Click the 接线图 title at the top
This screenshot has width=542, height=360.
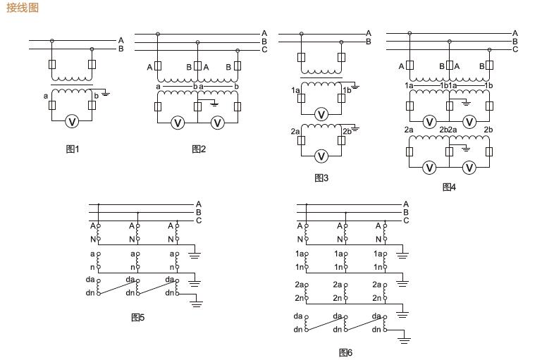pyautogui.click(x=23, y=8)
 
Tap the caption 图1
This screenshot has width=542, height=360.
pyautogui.click(x=73, y=149)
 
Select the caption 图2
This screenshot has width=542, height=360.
pyautogui.click(x=199, y=149)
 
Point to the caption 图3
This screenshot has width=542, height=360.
pyautogui.click(x=321, y=178)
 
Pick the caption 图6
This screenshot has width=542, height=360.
pyautogui.click(x=345, y=352)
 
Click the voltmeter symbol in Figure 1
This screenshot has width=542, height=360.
pyautogui.click(x=71, y=122)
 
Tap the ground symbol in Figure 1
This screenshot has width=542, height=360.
pyautogui.click(x=105, y=93)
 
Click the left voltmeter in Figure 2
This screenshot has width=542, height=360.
pyautogui.click(x=178, y=123)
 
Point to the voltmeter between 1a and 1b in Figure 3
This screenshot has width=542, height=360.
pyautogui.click(x=321, y=114)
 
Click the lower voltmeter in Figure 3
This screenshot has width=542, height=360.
pyautogui.click(x=321, y=156)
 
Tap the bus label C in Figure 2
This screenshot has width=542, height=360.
pyautogui.click(x=264, y=50)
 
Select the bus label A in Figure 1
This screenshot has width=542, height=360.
pyautogui.click(x=121, y=40)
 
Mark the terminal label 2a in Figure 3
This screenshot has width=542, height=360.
pyautogui.click(x=295, y=131)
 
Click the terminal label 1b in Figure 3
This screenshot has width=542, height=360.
pyautogui.click(x=347, y=90)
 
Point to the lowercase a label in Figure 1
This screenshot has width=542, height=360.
pyautogui.click(x=46, y=95)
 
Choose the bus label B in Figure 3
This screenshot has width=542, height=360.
pyautogui.click(x=368, y=42)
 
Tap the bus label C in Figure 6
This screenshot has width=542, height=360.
pyautogui.click(x=406, y=221)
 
